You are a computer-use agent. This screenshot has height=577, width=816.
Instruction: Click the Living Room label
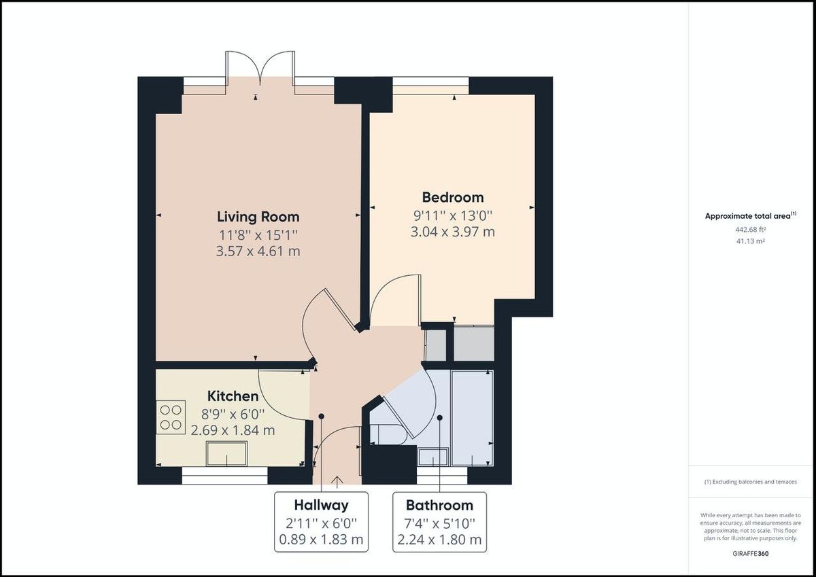(258, 217)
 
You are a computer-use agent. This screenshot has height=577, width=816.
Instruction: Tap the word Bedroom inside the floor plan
(453, 198)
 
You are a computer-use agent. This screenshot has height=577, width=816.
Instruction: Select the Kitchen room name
(233, 396)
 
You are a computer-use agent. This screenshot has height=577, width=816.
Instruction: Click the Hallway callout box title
(321, 505)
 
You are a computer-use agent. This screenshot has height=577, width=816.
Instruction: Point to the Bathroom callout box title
(439, 506)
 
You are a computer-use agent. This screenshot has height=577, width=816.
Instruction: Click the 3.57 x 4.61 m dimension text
(258, 251)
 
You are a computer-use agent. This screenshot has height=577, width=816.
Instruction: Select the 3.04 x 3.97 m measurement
(453, 232)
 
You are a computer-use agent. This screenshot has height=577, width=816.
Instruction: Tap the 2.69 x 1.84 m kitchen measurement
(233, 430)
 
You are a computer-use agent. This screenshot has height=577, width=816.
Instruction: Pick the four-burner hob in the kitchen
(172, 417)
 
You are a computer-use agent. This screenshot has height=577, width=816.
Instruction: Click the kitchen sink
(227, 453)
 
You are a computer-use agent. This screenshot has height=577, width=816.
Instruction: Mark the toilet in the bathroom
(388, 433)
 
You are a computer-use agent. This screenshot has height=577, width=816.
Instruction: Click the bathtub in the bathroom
(472, 417)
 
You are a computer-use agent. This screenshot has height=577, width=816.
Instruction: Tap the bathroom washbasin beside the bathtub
(433, 457)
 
